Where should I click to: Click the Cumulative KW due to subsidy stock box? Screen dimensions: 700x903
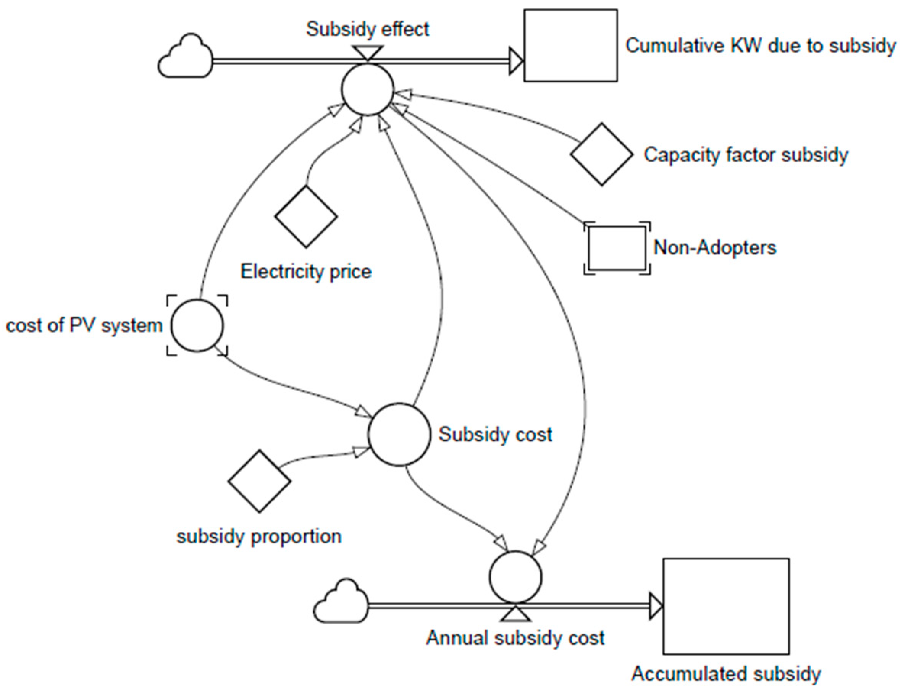pyautogui.click(x=570, y=45)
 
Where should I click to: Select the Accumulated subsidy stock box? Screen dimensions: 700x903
pyautogui.click(x=726, y=606)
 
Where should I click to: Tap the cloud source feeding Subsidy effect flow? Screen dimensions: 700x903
pyautogui.click(x=185, y=57)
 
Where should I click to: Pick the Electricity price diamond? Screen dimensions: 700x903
pyautogui.click(x=306, y=216)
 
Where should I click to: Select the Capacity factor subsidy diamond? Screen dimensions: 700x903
pyautogui.click(x=602, y=154)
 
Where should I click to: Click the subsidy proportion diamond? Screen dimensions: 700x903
pyautogui.click(x=259, y=481)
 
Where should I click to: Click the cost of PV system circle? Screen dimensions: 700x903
pyautogui.click(x=197, y=325)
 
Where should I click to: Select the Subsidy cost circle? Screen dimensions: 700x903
pyautogui.click(x=399, y=434)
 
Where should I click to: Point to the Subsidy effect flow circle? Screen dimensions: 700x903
pyautogui.click(x=367, y=89)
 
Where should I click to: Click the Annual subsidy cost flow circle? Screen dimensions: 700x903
pyautogui.click(x=515, y=577)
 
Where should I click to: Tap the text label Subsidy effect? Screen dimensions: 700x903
pyautogui.click(x=367, y=29)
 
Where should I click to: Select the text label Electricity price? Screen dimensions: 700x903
pyautogui.click(x=306, y=272)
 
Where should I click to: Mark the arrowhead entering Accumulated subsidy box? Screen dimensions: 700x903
pyautogui.click(x=656, y=606)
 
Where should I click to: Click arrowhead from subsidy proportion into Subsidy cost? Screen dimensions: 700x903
pyautogui.click(x=360, y=451)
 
